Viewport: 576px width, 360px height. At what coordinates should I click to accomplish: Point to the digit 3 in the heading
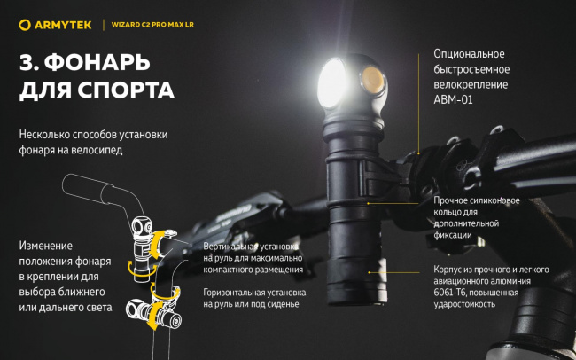pyautogui.click(x=27, y=62)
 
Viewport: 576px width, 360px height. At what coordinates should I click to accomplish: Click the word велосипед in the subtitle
pyautogui.click(x=97, y=150)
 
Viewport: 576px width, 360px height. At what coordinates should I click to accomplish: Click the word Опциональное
pyautogui.click(x=470, y=54)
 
